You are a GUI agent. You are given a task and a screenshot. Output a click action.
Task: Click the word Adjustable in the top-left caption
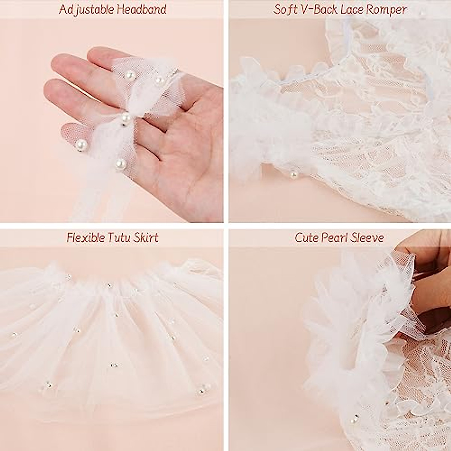point(85,9)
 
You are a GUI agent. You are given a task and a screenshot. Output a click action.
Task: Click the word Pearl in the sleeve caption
point(336,238)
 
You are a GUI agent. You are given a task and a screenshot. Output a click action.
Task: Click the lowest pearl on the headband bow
point(121,163)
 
